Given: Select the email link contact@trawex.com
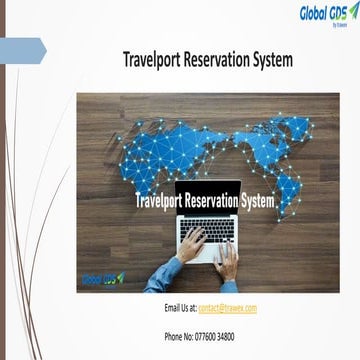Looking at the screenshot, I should [x=228, y=308].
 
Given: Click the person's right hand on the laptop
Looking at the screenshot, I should [x=228, y=262].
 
